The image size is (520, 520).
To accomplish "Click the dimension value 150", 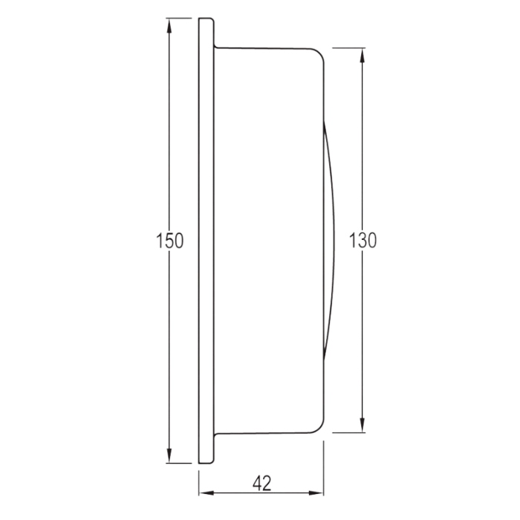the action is tap(169, 241).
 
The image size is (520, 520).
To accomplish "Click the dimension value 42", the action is tap(262, 483).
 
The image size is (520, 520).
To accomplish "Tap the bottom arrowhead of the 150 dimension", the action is tap(169, 456).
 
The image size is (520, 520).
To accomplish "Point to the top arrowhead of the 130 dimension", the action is tap(363, 55).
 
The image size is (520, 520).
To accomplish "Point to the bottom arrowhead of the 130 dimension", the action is tap(363, 426).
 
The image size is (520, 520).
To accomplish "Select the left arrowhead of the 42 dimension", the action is tap(206, 493).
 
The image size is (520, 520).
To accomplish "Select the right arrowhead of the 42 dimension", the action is tap(316, 493).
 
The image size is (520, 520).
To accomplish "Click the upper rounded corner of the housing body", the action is tap(319, 53).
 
